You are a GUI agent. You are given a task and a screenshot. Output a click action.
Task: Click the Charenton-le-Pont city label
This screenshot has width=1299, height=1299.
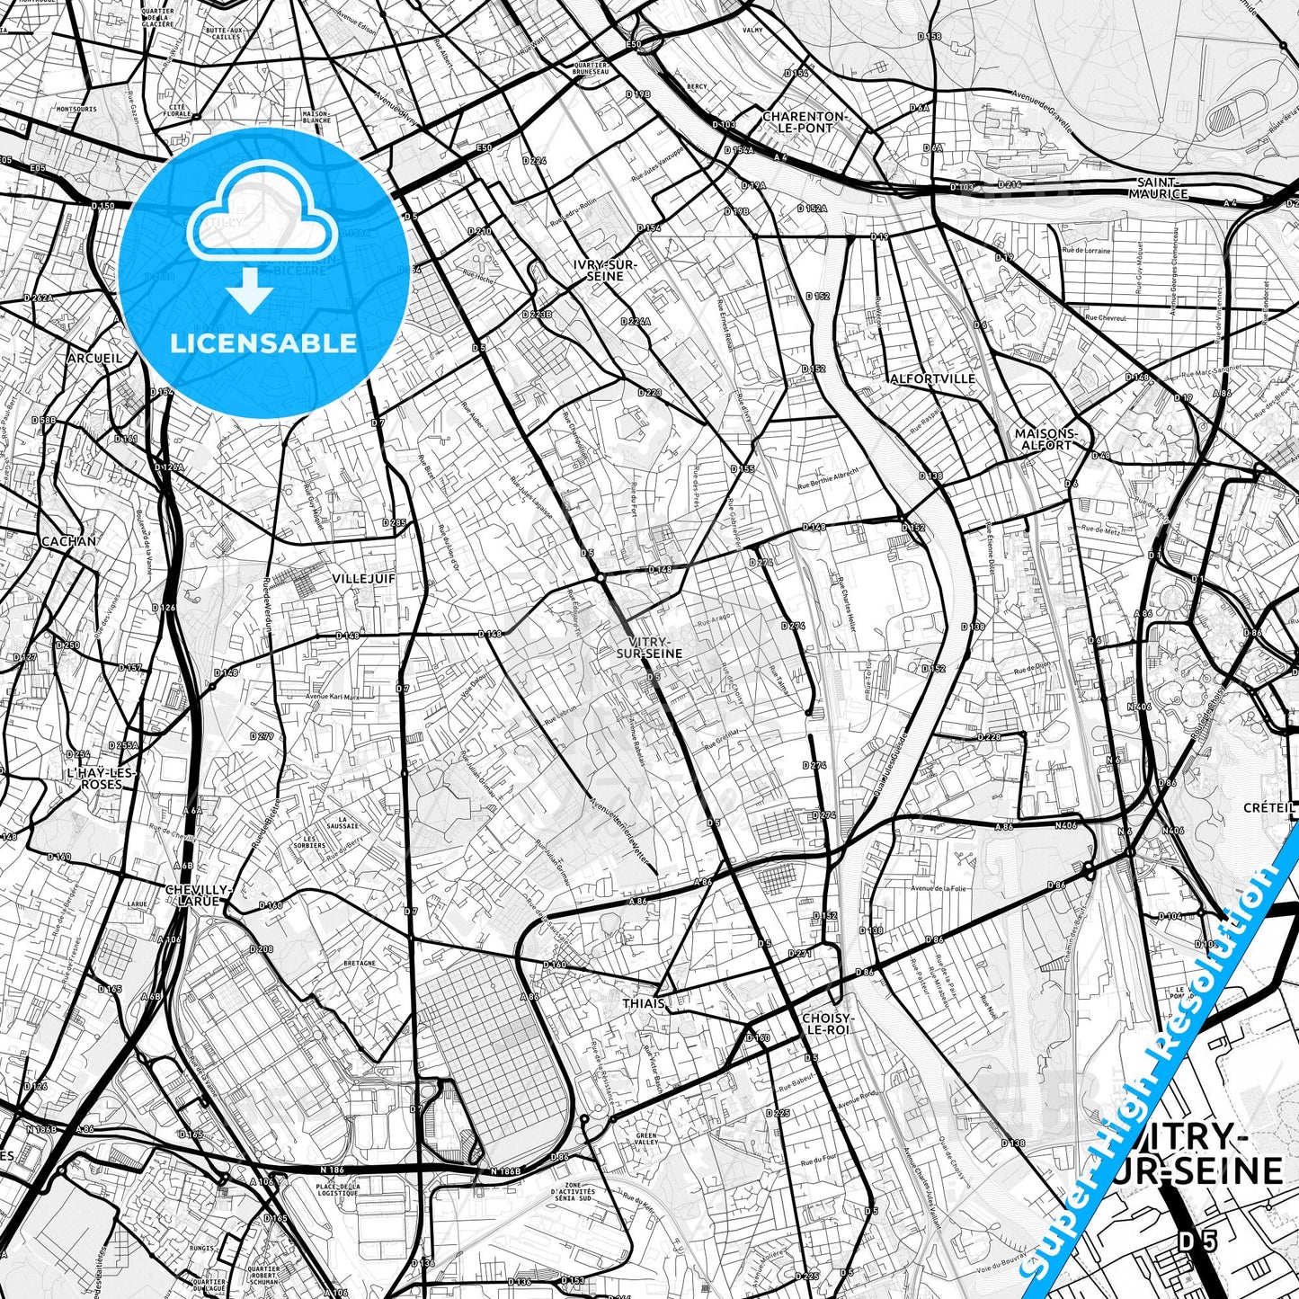pyautogui.click(x=805, y=122)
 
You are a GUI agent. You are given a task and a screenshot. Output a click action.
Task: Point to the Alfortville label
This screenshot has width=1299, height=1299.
pyautogui.click(x=931, y=378)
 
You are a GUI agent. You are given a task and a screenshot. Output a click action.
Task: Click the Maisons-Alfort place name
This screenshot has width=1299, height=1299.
pyautogui.click(x=1045, y=439)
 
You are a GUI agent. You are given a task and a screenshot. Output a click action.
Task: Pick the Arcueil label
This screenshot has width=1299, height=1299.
pyautogui.click(x=94, y=358)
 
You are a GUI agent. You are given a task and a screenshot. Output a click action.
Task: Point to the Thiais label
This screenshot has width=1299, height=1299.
pyautogui.click(x=643, y=1003)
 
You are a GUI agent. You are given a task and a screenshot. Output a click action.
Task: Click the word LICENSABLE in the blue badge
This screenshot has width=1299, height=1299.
pyautogui.click(x=263, y=343)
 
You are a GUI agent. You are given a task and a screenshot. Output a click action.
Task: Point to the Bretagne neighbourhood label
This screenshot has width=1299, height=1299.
pyautogui.click(x=360, y=962)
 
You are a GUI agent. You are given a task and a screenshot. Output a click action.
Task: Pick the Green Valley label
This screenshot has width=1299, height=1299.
pyautogui.click(x=646, y=1138)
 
